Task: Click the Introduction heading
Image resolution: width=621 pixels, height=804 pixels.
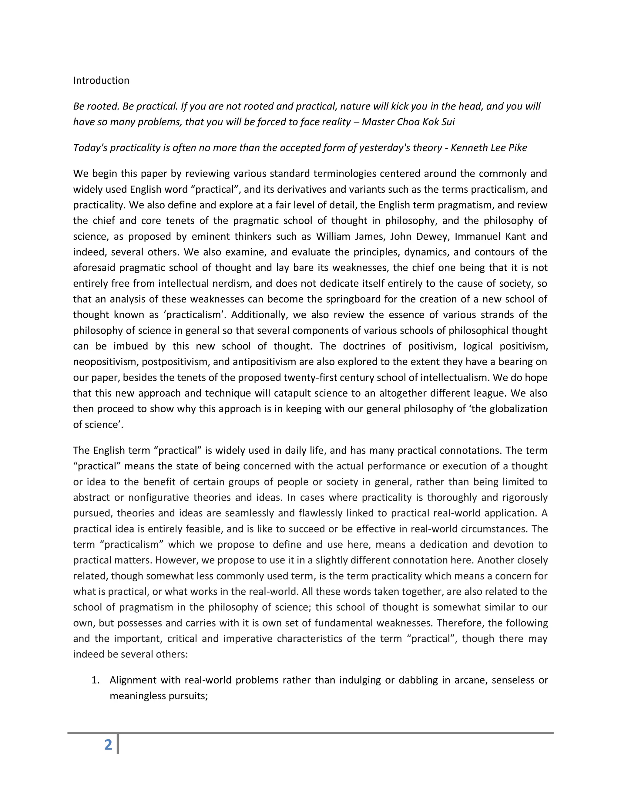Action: [101, 80]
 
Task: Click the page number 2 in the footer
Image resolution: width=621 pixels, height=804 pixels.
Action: [108, 744]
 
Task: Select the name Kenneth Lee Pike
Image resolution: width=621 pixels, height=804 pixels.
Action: [488, 148]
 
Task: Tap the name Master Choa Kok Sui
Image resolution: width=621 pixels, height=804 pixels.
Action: [408, 122]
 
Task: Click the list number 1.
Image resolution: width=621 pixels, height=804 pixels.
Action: [95, 680]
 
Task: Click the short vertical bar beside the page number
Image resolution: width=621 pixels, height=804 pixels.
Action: [118, 744]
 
